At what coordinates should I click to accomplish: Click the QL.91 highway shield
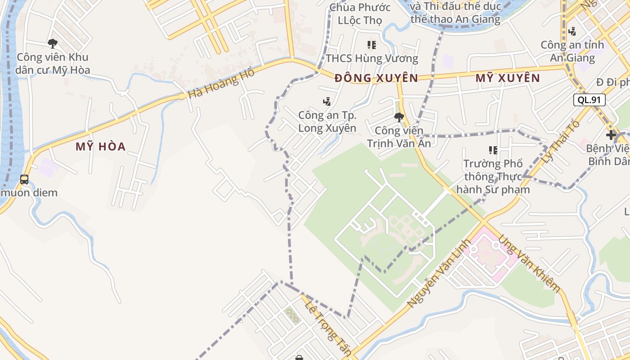[x=589, y=100]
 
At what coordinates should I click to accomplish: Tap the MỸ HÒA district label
[x=100, y=147]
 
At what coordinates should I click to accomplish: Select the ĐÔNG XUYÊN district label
[x=376, y=78]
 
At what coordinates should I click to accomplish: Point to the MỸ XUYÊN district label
[x=508, y=78]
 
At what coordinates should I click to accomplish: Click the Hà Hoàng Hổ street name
[x=221, y=84]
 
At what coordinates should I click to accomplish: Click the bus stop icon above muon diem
[x=24, y=180]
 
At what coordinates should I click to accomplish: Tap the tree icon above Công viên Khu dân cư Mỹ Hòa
[x=53, y=44]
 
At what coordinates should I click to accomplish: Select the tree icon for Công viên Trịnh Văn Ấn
[x=399, y=117]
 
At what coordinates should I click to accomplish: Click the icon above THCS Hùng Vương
[x=372, y=45]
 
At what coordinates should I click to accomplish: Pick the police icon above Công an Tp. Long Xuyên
[x=327, y=102]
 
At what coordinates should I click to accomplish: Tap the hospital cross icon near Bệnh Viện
[x=611, y=135]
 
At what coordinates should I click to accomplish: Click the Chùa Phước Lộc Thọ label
[x=360, y=14]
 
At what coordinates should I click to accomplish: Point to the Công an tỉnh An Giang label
[x=572, y=51]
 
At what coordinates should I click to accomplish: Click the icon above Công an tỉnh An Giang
[x=572, y=31]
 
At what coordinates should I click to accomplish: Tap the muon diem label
[x=29, y=193]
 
